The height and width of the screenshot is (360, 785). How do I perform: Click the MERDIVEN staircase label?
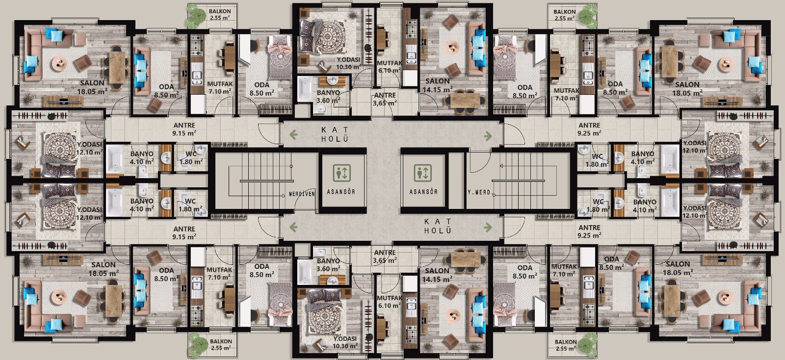(302, 194)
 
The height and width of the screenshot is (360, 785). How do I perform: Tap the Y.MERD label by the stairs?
(479, 192)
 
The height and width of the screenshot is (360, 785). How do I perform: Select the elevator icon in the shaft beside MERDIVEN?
(341, 173)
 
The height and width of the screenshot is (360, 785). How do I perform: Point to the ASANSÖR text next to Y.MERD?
(423, 192)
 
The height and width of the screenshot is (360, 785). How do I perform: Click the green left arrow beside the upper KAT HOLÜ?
(293, 134)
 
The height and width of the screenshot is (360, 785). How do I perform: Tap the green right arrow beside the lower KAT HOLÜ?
(488, 227)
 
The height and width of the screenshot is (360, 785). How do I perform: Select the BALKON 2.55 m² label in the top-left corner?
(220, 14)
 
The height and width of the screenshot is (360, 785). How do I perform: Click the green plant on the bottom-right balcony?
(587, 343)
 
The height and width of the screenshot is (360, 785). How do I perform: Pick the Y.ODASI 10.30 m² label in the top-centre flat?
(349, 63)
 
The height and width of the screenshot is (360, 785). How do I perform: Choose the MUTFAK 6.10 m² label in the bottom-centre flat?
(390, 302)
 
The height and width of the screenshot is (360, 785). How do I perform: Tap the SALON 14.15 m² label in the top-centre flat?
(437, 85)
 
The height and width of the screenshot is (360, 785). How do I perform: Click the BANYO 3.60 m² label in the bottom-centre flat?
(328, 265)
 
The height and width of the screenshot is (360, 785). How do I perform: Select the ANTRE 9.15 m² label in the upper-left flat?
(184, 129)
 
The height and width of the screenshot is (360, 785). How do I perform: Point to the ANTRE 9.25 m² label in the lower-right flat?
(589, 231)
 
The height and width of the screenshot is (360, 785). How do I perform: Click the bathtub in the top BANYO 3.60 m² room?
(305, 89)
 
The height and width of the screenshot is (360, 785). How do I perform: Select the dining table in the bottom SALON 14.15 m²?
(465, 259)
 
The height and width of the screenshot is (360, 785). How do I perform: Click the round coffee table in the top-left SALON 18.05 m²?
(59, 63)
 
